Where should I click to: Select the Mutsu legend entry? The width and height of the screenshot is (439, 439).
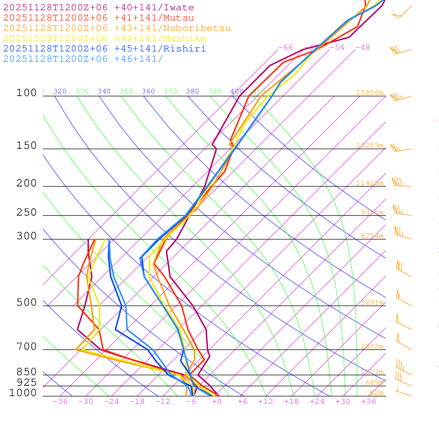coord(99,18)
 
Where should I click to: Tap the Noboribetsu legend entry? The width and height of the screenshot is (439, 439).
coord(117,28)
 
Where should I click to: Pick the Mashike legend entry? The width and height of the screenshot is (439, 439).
coord(105,39)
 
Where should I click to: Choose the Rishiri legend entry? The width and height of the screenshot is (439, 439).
coord(105,49)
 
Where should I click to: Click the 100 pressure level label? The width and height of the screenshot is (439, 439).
coord(27,93)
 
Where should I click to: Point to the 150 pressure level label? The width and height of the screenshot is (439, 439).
coord(27,146)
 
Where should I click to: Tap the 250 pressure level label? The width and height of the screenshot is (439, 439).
coord(27,213)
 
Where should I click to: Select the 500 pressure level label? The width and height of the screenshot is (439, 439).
coord(27,303)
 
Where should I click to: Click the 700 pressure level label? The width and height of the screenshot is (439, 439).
coord(27,347)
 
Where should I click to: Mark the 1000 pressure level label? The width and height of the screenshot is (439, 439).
coord(23,393)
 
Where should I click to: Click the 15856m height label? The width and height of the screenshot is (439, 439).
coord(370,93)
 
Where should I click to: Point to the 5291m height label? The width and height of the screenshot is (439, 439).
coord(372,302)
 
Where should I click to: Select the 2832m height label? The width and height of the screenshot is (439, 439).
coord(372,346)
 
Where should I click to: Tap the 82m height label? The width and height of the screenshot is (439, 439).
coord(376,393)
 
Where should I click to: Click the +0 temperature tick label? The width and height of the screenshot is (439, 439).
coord(217,402)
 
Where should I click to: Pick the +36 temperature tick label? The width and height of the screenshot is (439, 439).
coord(369,402)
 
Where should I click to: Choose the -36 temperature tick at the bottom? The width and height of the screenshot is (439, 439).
coord(60,402)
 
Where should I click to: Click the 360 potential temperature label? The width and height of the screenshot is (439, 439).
coord(148,91)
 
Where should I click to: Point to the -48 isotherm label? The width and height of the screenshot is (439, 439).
coord(362,48)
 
